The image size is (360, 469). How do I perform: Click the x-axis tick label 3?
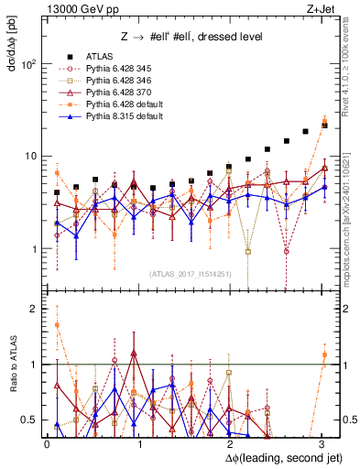pos(321,443)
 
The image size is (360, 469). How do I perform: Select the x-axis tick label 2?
pos(230,443)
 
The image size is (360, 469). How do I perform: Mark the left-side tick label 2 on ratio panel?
pos(34,309)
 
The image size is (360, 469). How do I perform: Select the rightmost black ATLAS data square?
pos(324,124)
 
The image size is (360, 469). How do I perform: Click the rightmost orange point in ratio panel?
pos(324,354)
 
